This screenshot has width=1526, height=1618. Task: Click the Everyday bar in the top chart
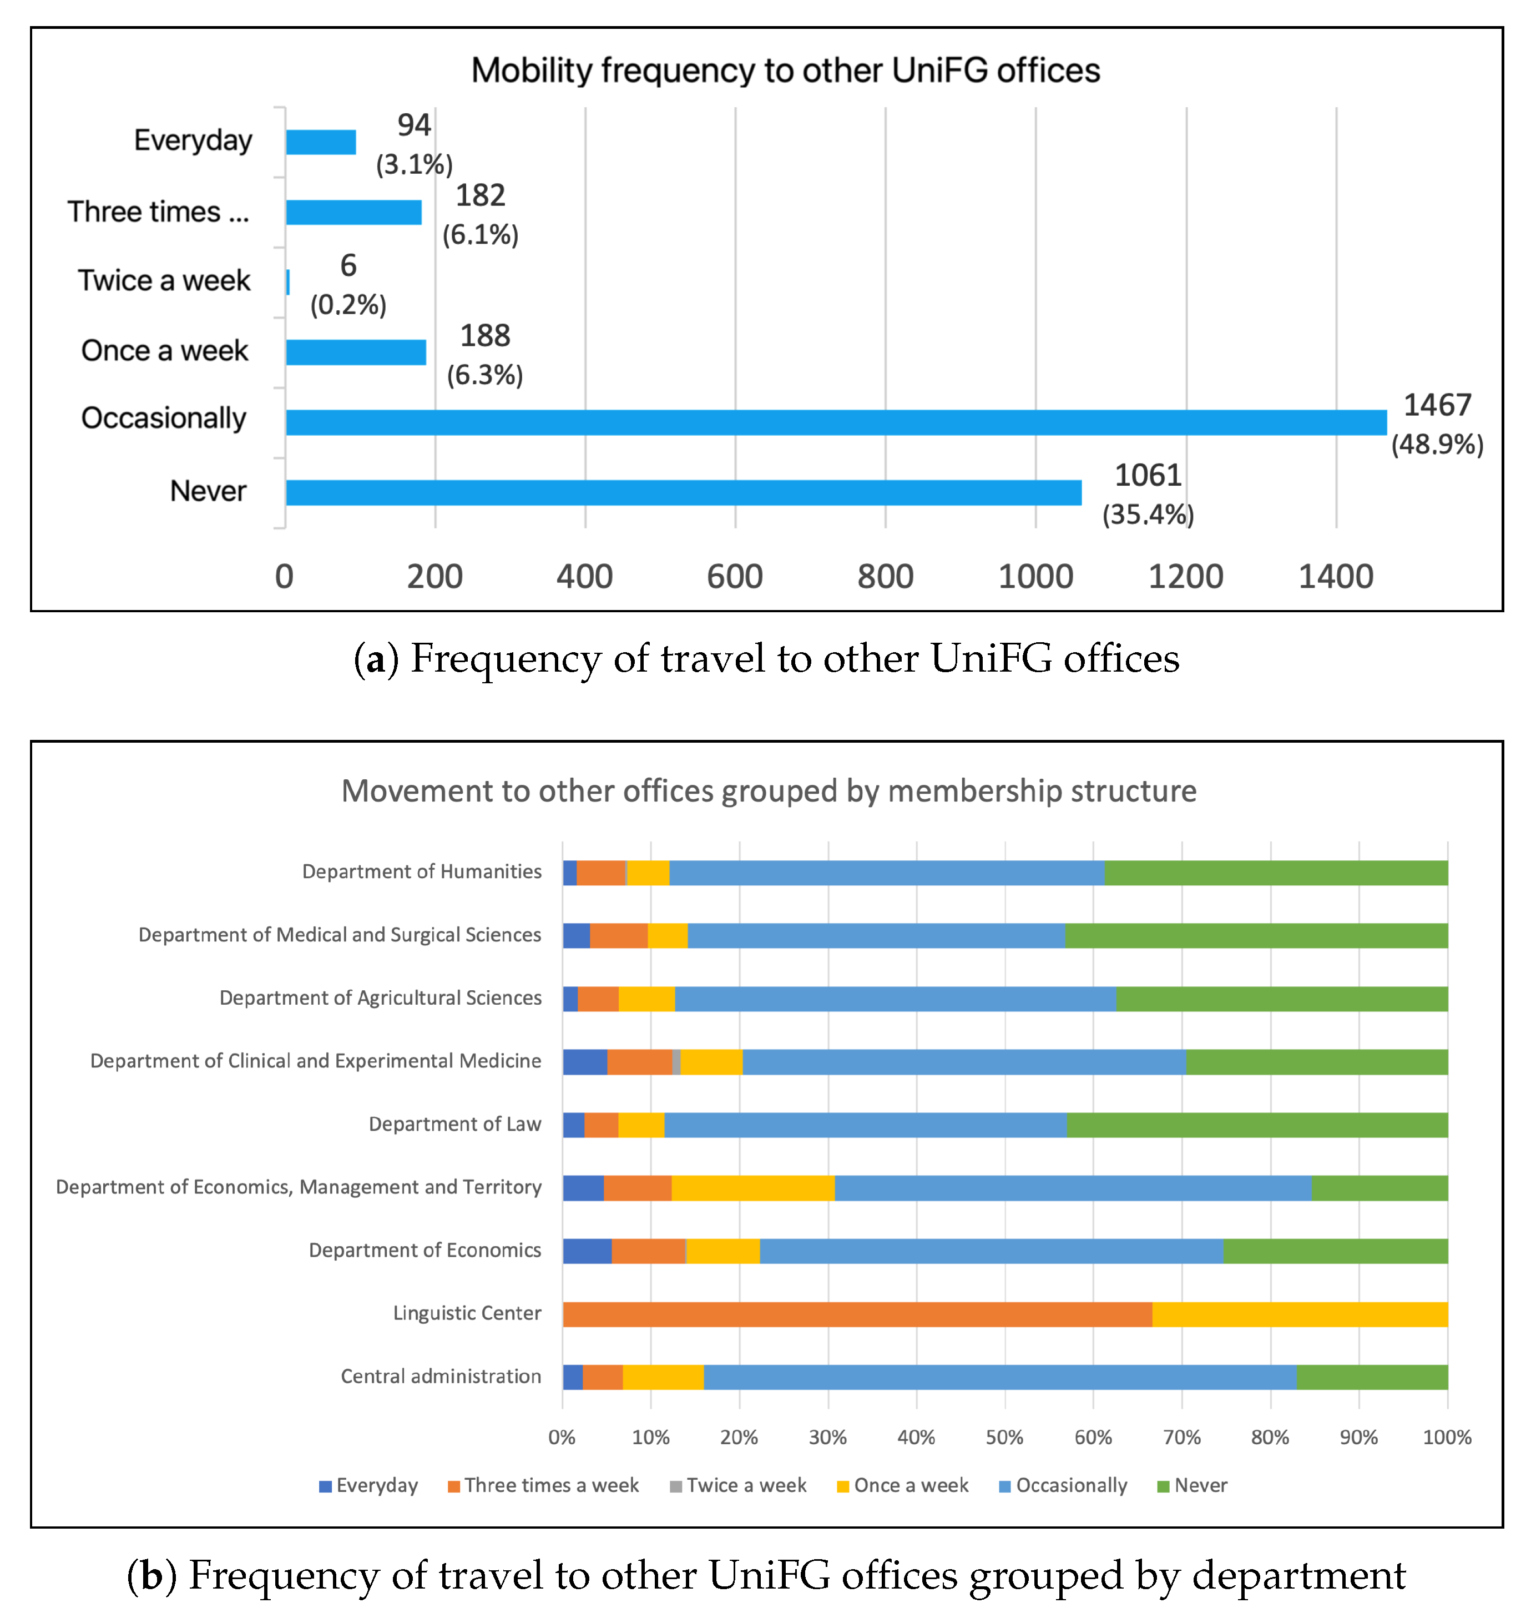point(321,143)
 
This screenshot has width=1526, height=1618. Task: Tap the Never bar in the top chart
point(684,492)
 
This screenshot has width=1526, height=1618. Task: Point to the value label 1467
point(1437,405)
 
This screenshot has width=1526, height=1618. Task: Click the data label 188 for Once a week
point(485,335)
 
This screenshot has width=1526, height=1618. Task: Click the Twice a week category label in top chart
point(164,281)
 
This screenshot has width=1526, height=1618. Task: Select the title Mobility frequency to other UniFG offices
point(785,71)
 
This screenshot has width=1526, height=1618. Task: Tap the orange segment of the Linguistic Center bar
point(857,1314)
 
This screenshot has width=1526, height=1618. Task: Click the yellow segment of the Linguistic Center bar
point(1300,1314)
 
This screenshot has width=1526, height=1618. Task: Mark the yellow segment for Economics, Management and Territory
point(753,1188)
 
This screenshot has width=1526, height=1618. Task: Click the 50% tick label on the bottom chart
point(1004,1437)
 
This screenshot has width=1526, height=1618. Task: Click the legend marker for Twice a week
point(675,1487)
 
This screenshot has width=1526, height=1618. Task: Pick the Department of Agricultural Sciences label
point(380,998)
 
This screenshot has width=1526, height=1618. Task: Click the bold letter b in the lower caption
point(152,1576)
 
